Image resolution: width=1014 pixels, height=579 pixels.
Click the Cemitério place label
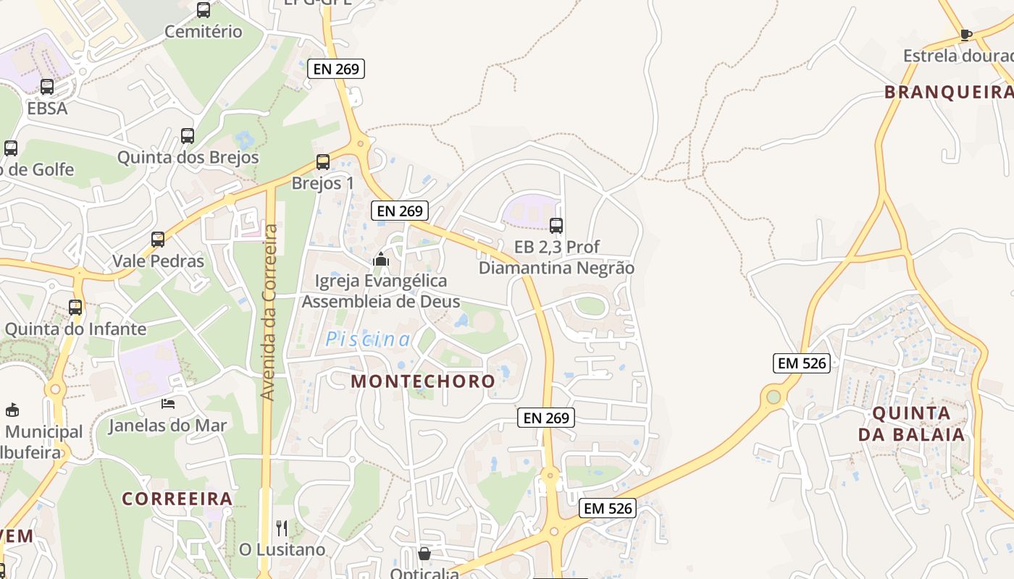click(x=203, y=32)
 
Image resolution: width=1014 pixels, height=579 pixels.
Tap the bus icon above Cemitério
click(x=204, y=10)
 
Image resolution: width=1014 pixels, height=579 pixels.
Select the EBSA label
click(x=47, y=109)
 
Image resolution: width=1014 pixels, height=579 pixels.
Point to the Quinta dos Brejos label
click(x=188, y=157)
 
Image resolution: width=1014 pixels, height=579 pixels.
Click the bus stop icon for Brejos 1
click(x=323, y=162)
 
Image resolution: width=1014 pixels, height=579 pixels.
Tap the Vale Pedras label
click(x=158, y=261)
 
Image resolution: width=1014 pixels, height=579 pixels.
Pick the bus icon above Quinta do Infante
click(x=75, y=307)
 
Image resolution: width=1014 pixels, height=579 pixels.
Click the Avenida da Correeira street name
click(x=269, y=313)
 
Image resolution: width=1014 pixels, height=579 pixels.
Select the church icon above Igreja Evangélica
click(x=381, y=258)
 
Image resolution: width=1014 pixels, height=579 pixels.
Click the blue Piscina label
click(x=368, y=339)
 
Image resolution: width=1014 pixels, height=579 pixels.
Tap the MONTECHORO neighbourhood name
click(x=423, y=381)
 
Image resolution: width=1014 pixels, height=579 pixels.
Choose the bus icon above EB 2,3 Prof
click(x=556, y=225)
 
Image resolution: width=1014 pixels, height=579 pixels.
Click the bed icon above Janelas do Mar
click(x=168, y=404)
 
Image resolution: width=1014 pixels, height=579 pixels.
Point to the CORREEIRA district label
click(x=177, y=499)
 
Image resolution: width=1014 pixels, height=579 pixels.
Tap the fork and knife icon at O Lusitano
click(x=282, y=528)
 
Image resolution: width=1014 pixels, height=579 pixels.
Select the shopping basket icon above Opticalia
click(x=424, y=554)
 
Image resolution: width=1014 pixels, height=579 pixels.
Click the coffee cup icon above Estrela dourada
click(x=965, y=34)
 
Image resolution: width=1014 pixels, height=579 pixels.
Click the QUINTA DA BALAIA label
click(x=911, y=424)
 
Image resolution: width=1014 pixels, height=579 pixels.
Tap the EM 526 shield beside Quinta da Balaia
click(x=802, y=363)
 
